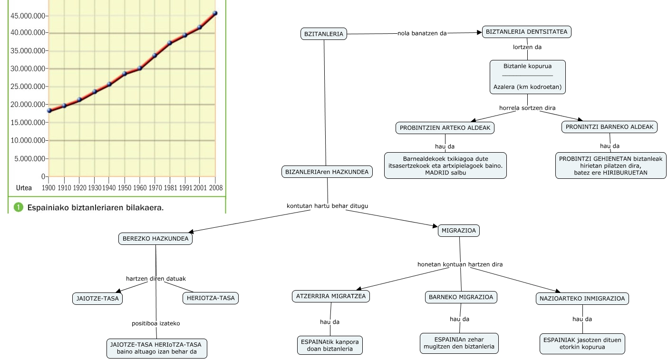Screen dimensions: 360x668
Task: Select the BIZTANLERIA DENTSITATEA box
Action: click(x=526, y=32)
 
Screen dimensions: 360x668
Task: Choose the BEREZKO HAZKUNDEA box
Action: click(x=155, y=238)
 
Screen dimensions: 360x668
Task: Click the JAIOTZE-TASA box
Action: click(x=97, y=298)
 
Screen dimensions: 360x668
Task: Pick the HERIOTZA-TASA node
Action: click(x=210, y=298)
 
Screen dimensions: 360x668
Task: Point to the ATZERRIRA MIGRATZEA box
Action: click(x=330, y=296)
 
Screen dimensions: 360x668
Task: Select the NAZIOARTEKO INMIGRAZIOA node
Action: click(x=582, y=299)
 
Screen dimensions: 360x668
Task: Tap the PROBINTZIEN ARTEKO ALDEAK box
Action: click(x=445, y=128)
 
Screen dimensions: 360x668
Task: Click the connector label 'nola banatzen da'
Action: click(x=422, y=34)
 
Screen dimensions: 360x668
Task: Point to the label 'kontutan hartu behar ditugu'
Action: click(x=327, y=206)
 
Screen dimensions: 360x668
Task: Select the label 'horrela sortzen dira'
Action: click(x=527, y=108)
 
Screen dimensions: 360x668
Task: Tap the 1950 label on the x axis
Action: click(x=125, y=187)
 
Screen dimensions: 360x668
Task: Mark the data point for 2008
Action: click(x=215, y=13)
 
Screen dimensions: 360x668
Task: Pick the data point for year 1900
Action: click(x=49, y=110)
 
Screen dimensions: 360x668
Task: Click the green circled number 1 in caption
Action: click(x=19, y=207)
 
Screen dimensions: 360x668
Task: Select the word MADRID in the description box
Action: click(x=437, y=173)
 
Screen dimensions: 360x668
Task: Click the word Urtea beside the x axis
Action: click(x=24, y=188)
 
